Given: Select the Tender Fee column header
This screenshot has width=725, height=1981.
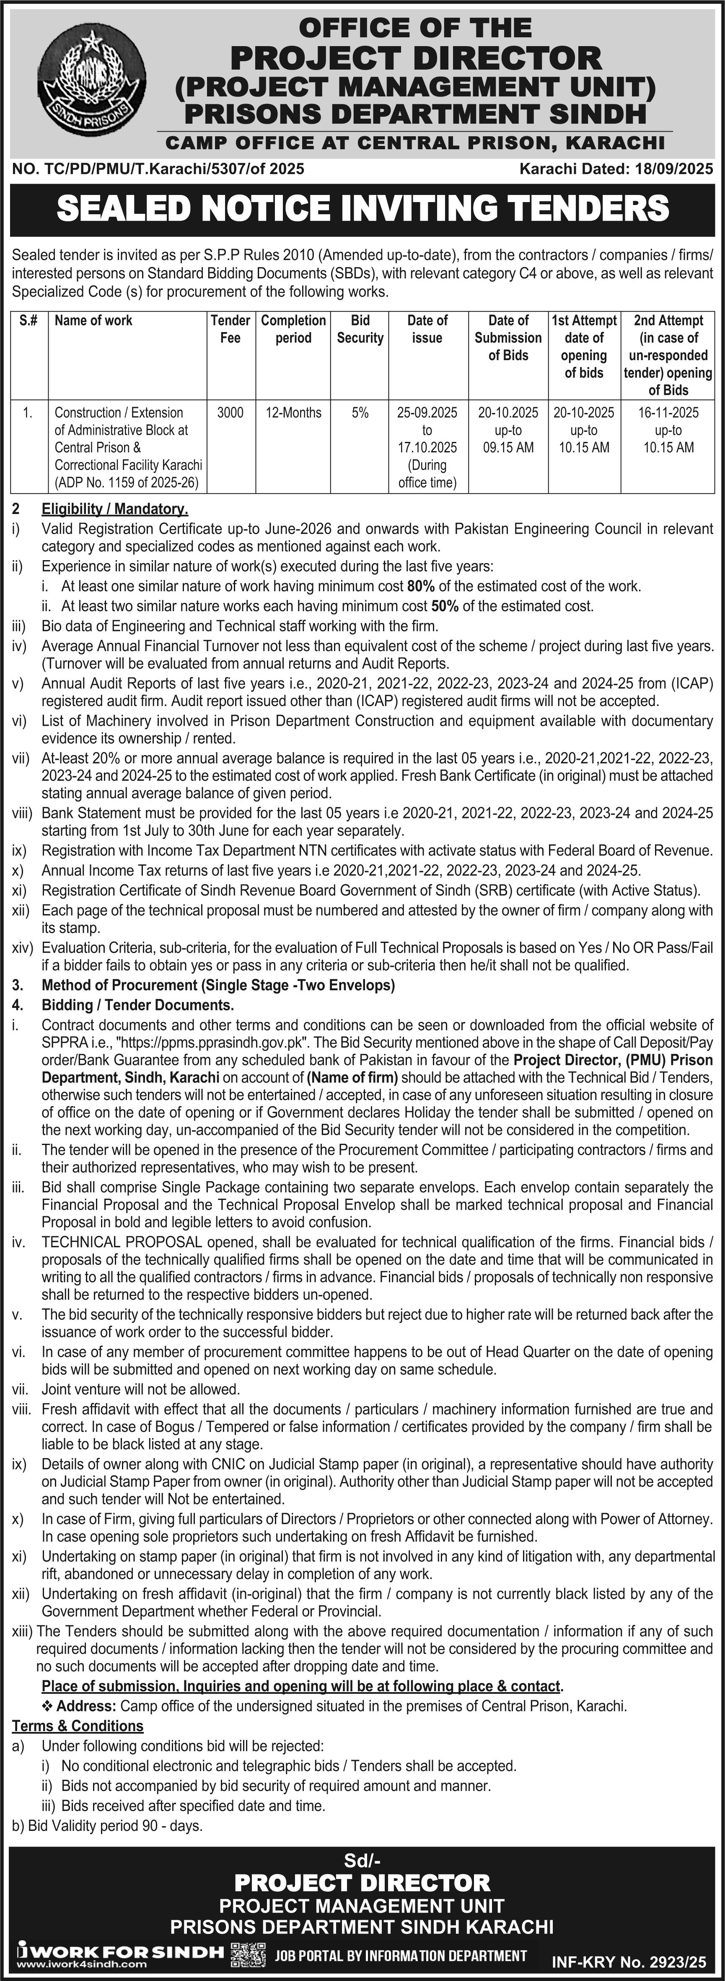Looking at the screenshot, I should pos(230,329).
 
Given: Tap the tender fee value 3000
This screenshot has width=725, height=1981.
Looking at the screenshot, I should pos(230,413).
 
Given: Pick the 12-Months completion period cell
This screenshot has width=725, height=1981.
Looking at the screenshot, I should pos(293,413).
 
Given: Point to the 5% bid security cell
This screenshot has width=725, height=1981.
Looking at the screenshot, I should pos(360,413).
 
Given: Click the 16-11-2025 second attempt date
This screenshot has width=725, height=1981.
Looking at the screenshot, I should pos(668,413).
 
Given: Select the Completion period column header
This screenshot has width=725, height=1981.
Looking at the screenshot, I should pos(293,329).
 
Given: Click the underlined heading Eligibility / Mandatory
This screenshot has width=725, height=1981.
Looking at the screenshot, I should pos(114,509).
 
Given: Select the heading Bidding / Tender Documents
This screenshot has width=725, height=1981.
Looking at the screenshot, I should pos(137,1005).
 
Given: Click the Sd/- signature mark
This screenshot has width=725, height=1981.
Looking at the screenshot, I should pos(362,1861).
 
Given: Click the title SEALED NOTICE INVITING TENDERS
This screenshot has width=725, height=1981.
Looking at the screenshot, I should pos(362,208).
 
